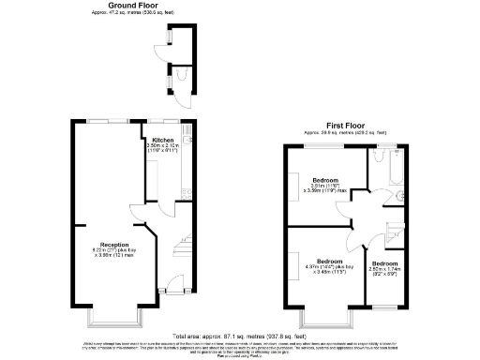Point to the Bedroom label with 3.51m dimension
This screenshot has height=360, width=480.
pyautogui.click(x=325, y=179)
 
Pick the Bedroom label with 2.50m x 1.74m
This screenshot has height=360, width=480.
pyautogui.click(x=383, y=264)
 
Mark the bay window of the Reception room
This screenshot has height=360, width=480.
pyautogui.click(x=113, y=317)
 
